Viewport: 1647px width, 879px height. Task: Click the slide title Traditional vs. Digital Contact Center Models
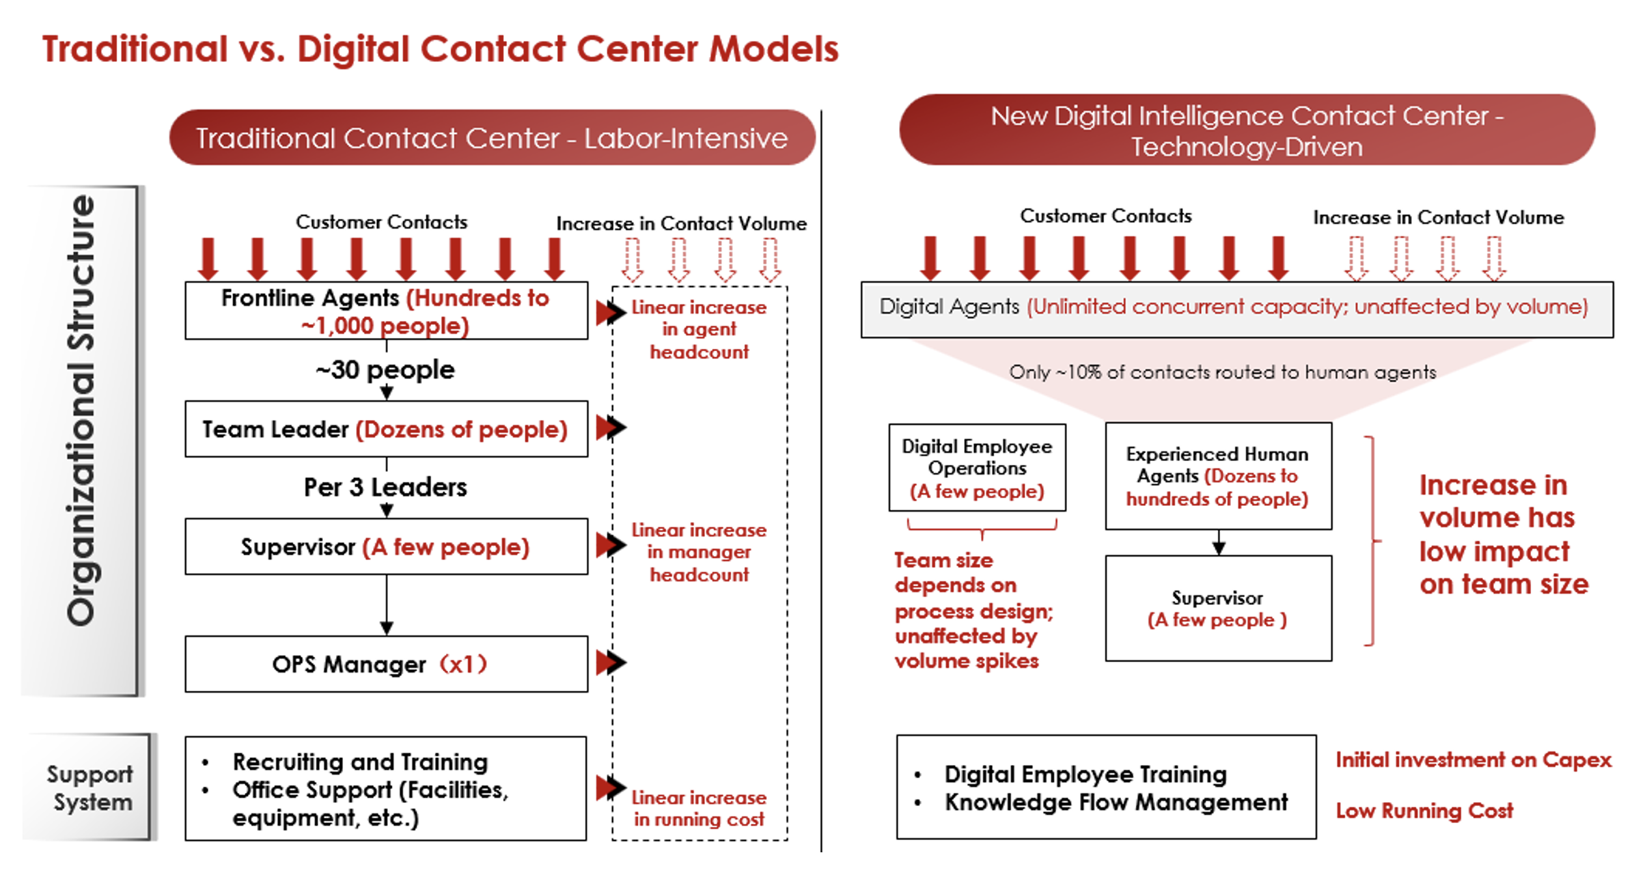(440, 49)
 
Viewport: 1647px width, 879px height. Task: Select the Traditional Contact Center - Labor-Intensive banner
(491, 138)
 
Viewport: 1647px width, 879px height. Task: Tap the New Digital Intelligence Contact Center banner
(1247, 130)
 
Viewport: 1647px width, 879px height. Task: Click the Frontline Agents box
(386, 311)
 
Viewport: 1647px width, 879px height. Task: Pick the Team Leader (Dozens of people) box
(386, 429)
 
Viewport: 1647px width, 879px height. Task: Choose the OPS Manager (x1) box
(386, 664)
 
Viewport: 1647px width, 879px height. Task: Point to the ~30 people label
(385, 370)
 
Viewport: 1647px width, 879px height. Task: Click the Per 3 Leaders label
(385, 487)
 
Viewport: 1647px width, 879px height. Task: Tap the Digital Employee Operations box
(976, 468)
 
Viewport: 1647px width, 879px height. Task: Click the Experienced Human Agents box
(1218, 476)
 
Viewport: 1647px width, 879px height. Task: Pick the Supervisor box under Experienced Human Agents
(1218, 608)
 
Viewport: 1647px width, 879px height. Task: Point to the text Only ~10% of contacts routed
(1223, 372)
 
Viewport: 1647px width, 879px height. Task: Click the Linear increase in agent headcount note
(699, 329)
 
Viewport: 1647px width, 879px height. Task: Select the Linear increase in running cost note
(699, 808)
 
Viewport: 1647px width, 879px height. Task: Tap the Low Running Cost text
(1424, 811)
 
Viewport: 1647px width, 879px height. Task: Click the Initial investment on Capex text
(1473, 760)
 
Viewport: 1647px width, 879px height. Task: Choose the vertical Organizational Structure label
(81, 410)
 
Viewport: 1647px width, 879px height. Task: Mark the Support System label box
(90, 788)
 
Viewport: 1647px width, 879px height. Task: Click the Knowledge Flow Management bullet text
(1116, 802)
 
